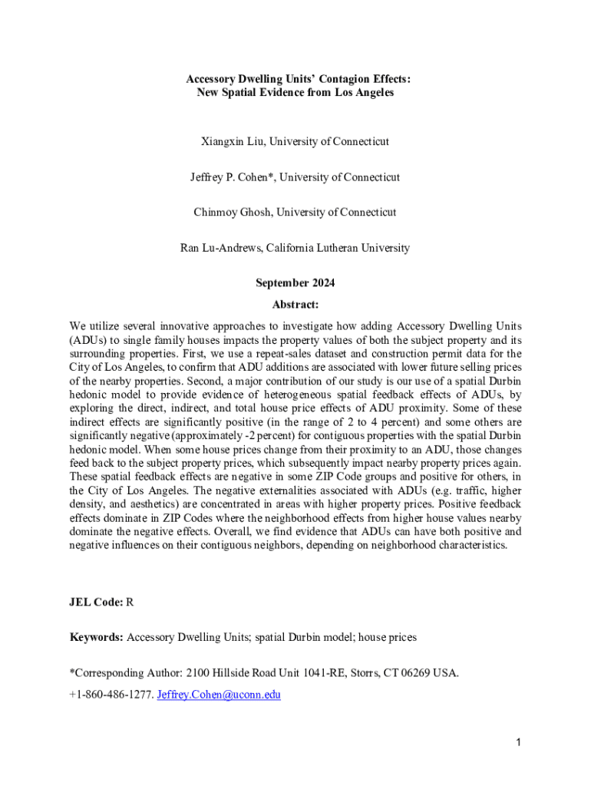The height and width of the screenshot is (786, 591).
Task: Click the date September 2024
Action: [295, 283]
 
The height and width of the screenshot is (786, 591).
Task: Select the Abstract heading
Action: [295, 304]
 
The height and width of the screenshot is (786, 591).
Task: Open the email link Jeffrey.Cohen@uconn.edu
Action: [219, 695]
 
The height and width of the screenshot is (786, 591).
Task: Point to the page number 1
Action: [519, 742]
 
